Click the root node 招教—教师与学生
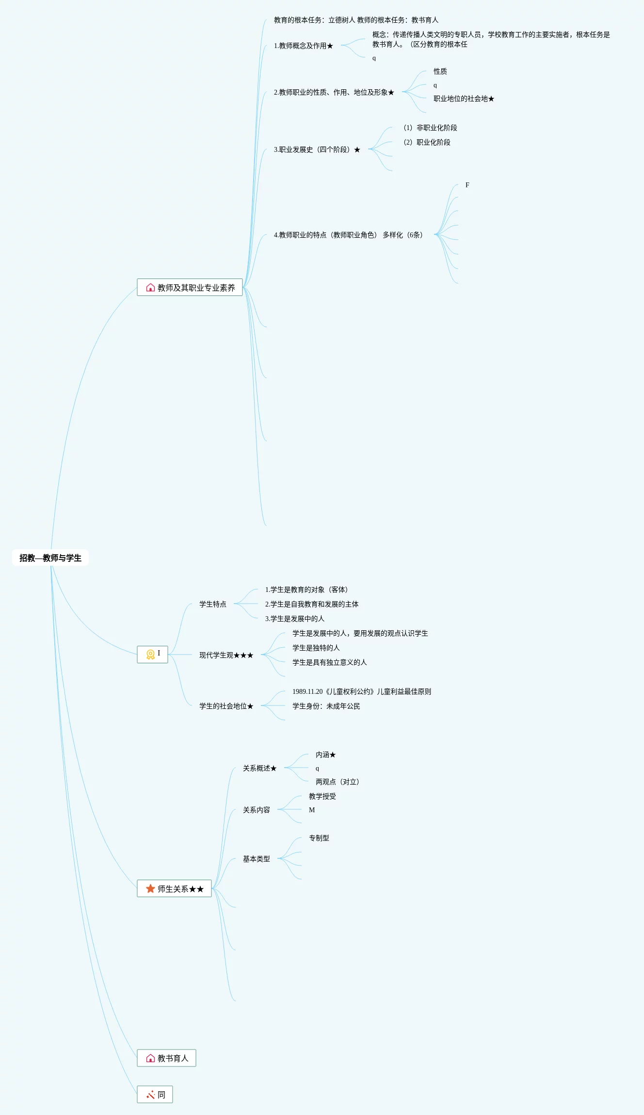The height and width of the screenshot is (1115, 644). tap(50, 558)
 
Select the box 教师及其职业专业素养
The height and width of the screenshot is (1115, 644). tap(190, 287)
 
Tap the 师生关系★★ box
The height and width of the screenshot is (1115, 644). tap(175, 888)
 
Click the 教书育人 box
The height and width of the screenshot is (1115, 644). tap(166, 1058)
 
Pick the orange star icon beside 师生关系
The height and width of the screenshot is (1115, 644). tap(150, 888)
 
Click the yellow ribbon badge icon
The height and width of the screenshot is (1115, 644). tap(150, 655)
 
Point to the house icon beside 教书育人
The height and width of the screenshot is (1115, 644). tap(150, 1058)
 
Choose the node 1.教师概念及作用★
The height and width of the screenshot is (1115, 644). tap(304, 46)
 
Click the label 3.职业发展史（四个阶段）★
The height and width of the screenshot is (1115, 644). tap(317, 149)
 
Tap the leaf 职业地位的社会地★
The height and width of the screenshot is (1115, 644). tap(464, 98)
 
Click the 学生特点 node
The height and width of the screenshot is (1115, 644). tap(212, 604)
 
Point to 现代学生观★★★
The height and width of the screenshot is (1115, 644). tap(226, 655)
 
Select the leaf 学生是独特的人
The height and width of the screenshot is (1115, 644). tap(316, 648)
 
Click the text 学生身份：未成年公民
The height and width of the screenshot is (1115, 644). tap(326, 706)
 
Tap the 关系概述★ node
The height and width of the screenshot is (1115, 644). tap(259, 768)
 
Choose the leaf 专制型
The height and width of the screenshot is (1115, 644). tap(319, 838)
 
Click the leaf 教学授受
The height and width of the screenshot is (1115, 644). tap(322, 796)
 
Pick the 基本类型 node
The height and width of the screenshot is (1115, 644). tap(256, 859)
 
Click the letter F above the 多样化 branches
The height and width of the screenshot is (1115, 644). tap(467, 185)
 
